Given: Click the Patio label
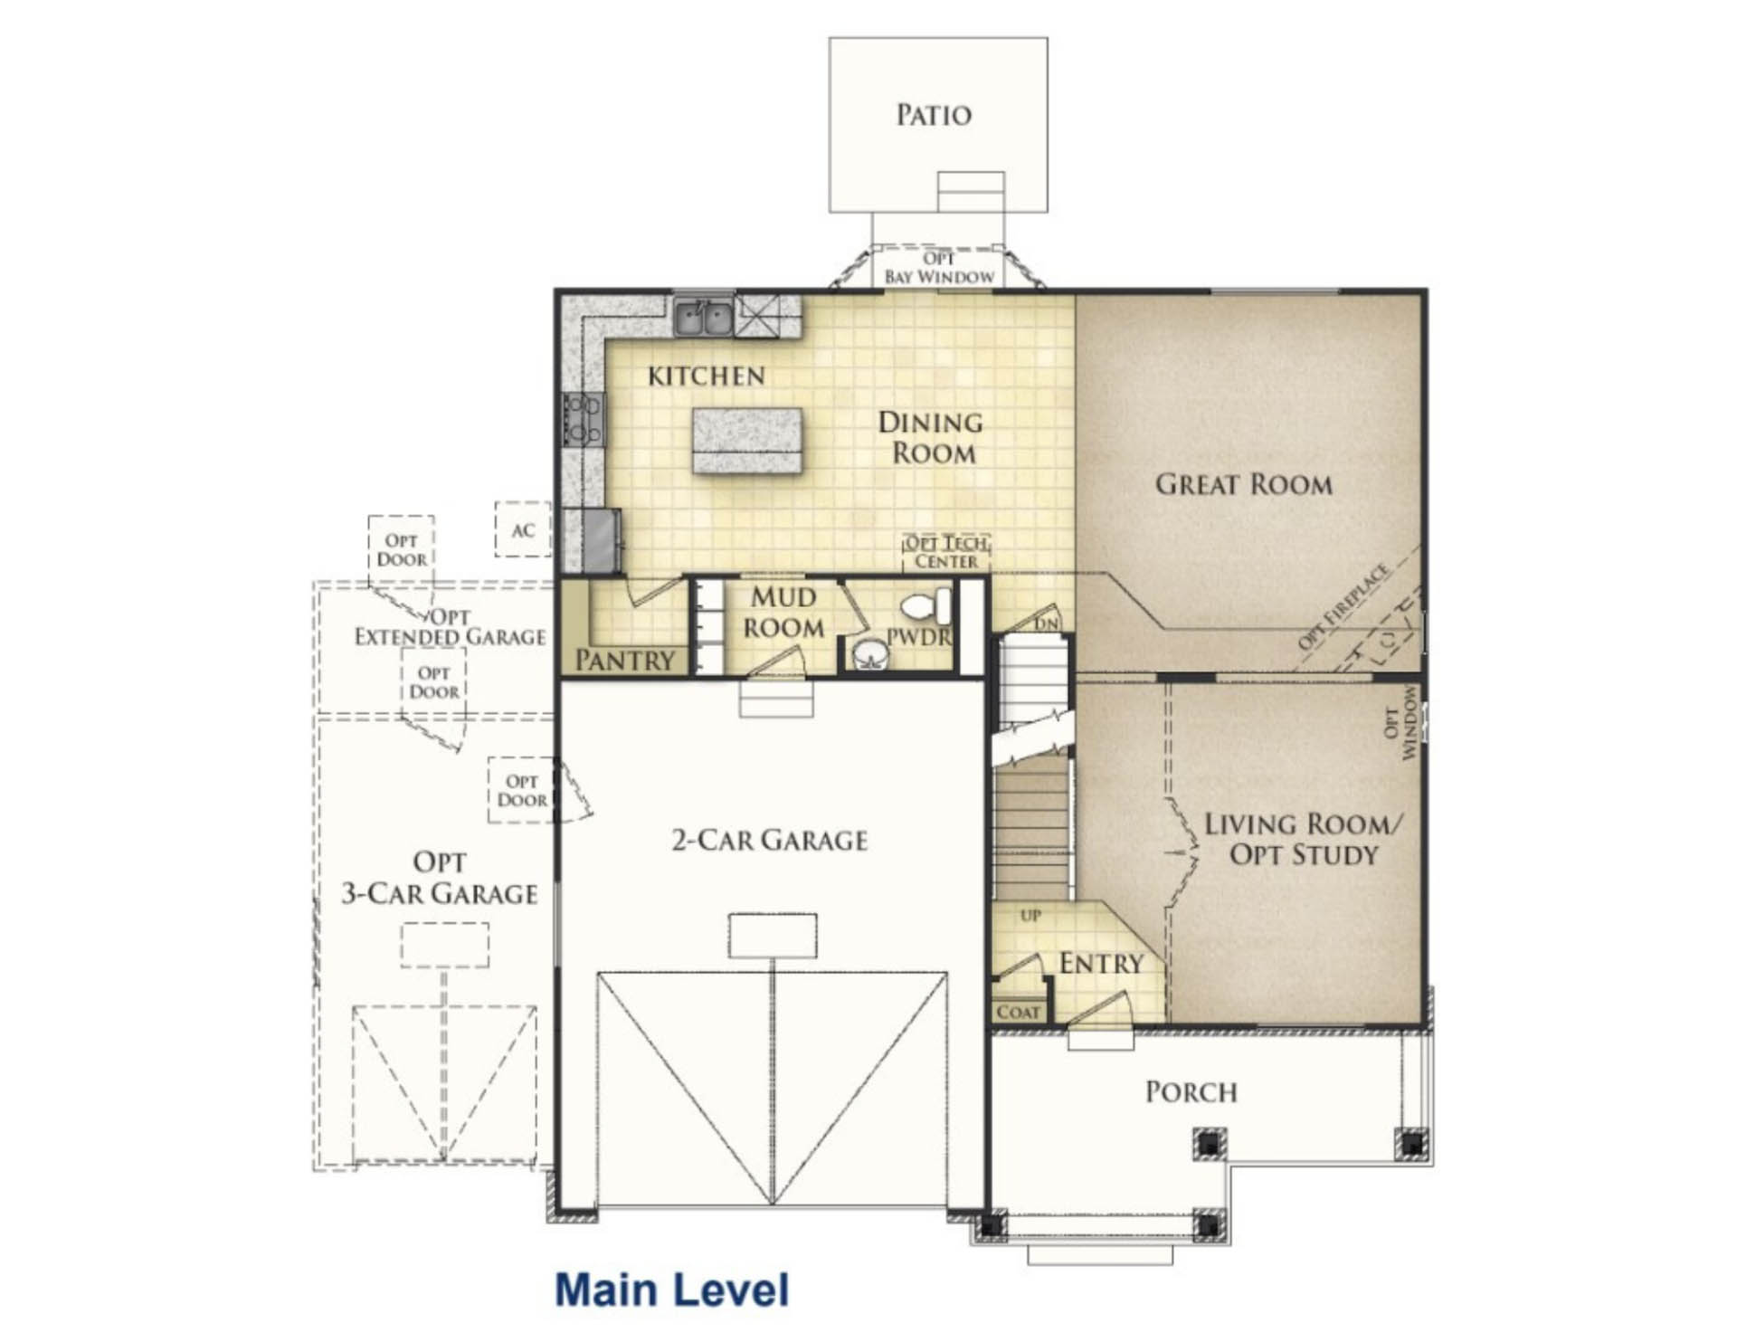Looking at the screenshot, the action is coord(934,115).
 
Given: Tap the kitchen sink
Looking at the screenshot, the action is coord(703,318).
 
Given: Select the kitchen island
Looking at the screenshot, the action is coord(747,441).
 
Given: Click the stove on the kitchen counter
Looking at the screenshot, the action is coord(584,419).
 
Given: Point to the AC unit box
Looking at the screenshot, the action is coord(523,529).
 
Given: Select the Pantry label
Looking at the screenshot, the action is coord(625,661).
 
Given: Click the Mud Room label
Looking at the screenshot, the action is coord(783,613).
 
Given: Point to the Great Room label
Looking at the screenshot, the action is coord(1244,484).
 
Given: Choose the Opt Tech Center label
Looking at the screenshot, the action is coord(946,552).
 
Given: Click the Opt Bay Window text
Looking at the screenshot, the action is coord(939,268).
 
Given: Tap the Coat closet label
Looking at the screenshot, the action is coord(1019,1012).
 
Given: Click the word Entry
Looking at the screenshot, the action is coord(1101,964).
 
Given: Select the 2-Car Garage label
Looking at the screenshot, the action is coord(769,841).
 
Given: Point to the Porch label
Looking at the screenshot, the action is coord(1191,1092).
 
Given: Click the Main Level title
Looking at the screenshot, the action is coord(672,1290).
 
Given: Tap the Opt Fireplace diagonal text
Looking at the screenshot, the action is coord(1343,605).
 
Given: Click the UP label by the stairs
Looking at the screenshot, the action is coord(1030,916).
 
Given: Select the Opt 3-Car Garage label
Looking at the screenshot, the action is coord(440,878).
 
